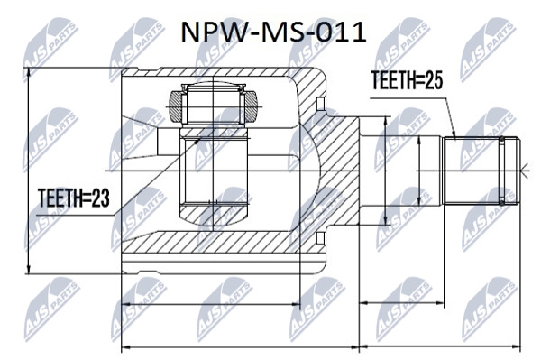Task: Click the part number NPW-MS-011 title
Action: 273,33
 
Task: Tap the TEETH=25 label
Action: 407,80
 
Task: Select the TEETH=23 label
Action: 74,198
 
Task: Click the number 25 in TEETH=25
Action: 434,80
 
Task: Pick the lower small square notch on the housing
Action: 320,238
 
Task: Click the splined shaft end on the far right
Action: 481,171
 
